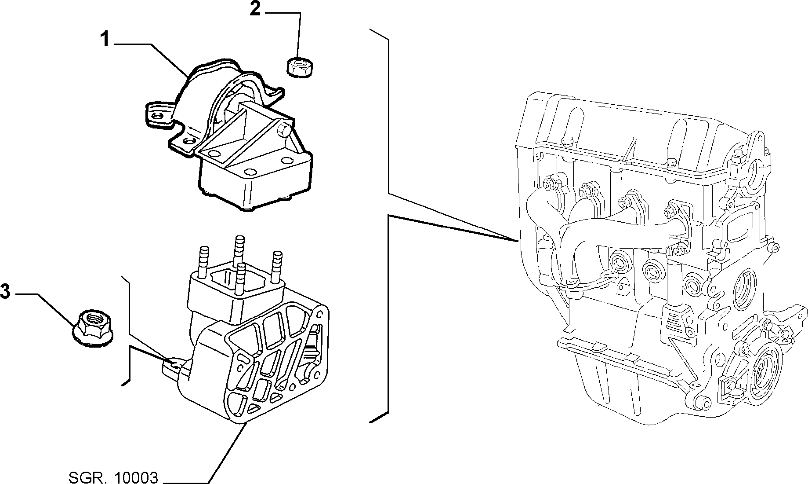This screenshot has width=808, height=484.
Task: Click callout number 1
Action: [x=104, y=40]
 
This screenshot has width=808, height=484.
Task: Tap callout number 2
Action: [x=255, y=8]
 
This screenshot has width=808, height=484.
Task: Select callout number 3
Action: [x=5, y=291]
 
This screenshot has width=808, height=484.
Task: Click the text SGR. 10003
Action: [x=113, y=477]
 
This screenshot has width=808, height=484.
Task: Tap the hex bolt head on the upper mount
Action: [x=283, y=130]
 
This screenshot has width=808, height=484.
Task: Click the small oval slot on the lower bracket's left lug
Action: [x=174, y=363]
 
